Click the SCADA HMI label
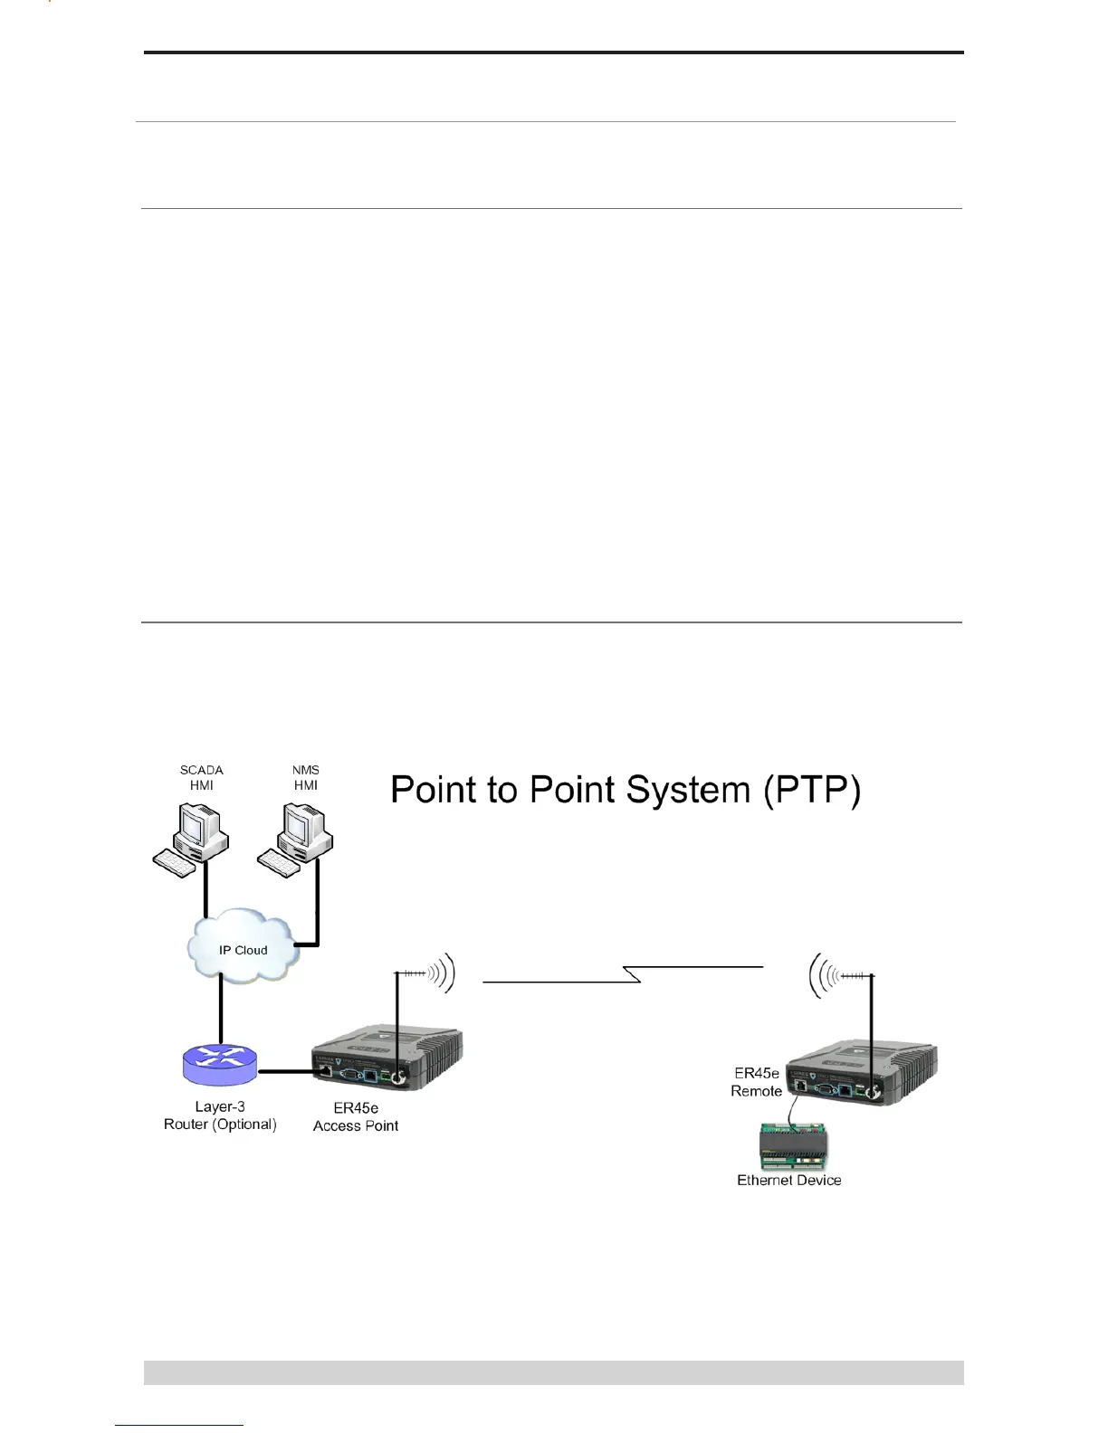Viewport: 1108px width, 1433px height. (x=201, y=778)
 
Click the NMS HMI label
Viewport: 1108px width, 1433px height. (x=306, y=778)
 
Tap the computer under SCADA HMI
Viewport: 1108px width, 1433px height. (x=190, y=841)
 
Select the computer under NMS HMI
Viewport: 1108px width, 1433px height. (x=295, y=841)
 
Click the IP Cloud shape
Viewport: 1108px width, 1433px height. (x=243, y=949)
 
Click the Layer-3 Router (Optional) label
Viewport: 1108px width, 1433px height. (x=220, y=1115)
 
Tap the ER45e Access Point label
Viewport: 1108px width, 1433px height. (x=356, y=1117)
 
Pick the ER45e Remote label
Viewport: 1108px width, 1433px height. (x=757, y=1082)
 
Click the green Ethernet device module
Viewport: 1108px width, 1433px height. (x=790, y=1147)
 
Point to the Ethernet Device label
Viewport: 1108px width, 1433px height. (x=789, y=1181)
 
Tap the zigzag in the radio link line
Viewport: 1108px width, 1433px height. (x=632, y=974)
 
